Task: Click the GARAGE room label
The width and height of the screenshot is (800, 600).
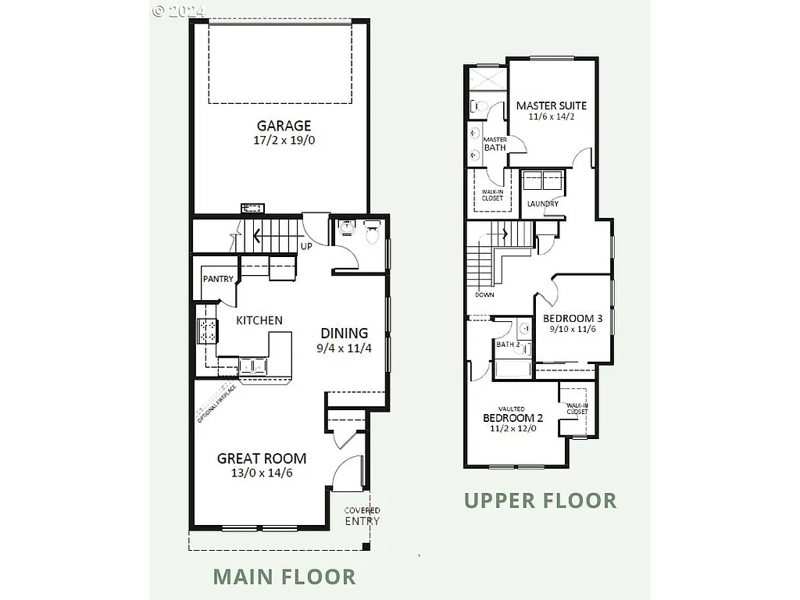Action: click(284, 126)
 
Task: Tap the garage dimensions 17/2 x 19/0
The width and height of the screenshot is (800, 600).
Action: click(284, 141)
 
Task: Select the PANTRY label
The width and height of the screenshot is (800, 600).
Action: click(218, 279)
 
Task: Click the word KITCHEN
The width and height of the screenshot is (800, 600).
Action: click(259, 320)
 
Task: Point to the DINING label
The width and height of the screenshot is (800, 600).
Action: click(344, 333)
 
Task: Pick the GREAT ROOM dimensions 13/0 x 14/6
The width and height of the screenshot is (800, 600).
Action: click(262, 473)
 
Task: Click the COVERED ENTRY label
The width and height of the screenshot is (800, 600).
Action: click(362, 516)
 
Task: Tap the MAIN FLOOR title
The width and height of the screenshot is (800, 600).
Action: click(284, 577)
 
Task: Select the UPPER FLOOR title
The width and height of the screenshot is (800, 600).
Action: click(541, 500)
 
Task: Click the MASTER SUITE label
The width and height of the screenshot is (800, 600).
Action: click(552, 105)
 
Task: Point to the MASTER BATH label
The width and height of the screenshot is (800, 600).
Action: click(495, 144)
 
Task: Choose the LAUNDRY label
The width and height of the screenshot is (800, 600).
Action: click(542, 204)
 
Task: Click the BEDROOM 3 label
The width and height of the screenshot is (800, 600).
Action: click(573, 318)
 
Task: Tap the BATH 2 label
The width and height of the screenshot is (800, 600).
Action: click(508, 345)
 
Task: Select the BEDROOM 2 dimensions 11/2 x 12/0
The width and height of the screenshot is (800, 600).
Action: click(513, 429)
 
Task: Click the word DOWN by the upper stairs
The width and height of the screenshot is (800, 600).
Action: click(484, 295)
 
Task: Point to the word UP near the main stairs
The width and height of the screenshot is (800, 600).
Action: click(307, 247)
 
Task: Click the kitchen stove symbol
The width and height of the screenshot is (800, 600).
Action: click(207, 330)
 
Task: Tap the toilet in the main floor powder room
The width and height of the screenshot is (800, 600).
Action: click(372, 233)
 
